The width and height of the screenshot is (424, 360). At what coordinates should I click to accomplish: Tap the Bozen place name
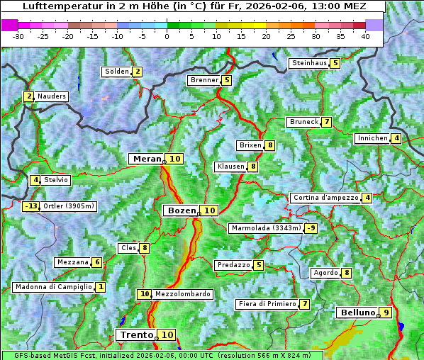tap(180, 210)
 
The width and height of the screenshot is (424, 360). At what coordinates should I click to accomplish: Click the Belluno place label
tap(357, 313)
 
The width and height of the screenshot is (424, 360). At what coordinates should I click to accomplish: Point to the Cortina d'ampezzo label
tap(325, 198)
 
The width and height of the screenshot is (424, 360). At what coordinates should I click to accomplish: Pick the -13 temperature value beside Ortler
tap(30, 207)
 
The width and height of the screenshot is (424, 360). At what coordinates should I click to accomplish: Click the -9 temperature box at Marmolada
tap(311, 228)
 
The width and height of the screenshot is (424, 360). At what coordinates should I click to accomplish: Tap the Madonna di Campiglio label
tap(53, 287)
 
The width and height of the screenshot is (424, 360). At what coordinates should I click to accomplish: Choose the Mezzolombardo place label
tap(182, 294)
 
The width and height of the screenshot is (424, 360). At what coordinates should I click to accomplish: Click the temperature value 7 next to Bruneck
tap(326, 122)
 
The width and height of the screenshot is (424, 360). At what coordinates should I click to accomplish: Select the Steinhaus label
tap(309, 63)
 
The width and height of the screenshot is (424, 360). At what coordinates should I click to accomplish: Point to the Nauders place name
tap(51, 96)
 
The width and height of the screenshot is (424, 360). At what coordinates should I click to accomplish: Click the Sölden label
tap(117, 72)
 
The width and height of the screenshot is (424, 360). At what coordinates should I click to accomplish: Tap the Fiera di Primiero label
tap(267, 304)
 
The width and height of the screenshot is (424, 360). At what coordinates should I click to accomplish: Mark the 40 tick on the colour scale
tap(366, 35)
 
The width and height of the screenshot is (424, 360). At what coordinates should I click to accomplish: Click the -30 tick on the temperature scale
tap(18, 35)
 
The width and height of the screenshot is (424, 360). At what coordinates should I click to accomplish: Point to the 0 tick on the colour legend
tap(167, 35)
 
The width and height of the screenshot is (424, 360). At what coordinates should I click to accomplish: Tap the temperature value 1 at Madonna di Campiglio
tap(101, 287)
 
